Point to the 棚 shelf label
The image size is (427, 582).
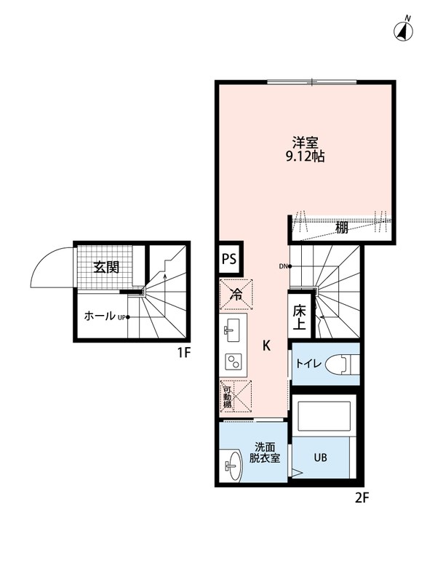[342, 228]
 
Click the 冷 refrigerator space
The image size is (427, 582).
[236, 295]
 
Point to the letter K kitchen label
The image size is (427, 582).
[267, 346]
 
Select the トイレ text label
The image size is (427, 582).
[306, 362]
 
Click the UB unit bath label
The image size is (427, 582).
[320, 458]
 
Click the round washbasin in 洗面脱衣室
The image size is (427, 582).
[233, 463]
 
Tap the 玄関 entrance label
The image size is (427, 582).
[107, 267]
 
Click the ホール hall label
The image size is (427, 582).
[100, 316]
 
